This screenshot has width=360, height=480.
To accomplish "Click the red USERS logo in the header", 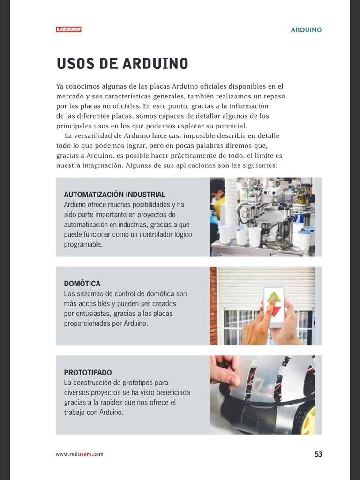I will [x=68, y=30].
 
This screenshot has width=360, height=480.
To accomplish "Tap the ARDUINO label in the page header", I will [x=306, y=30].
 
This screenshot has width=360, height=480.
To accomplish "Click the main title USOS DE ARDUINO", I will [x=122, y=64].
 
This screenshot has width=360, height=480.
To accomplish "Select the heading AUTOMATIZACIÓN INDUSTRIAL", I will [x=114, y=195].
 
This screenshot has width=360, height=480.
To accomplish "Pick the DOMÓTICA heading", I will [x=82, y=284].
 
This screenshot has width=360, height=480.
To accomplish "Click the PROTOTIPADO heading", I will [x=88, y=373].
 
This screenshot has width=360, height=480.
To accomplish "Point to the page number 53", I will [x=318, y=454].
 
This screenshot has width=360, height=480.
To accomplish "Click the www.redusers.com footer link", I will [x=79, y=454].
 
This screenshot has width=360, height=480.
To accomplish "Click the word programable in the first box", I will [x=83, y=244].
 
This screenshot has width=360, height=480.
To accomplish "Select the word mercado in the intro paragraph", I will [x=70, y=96].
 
